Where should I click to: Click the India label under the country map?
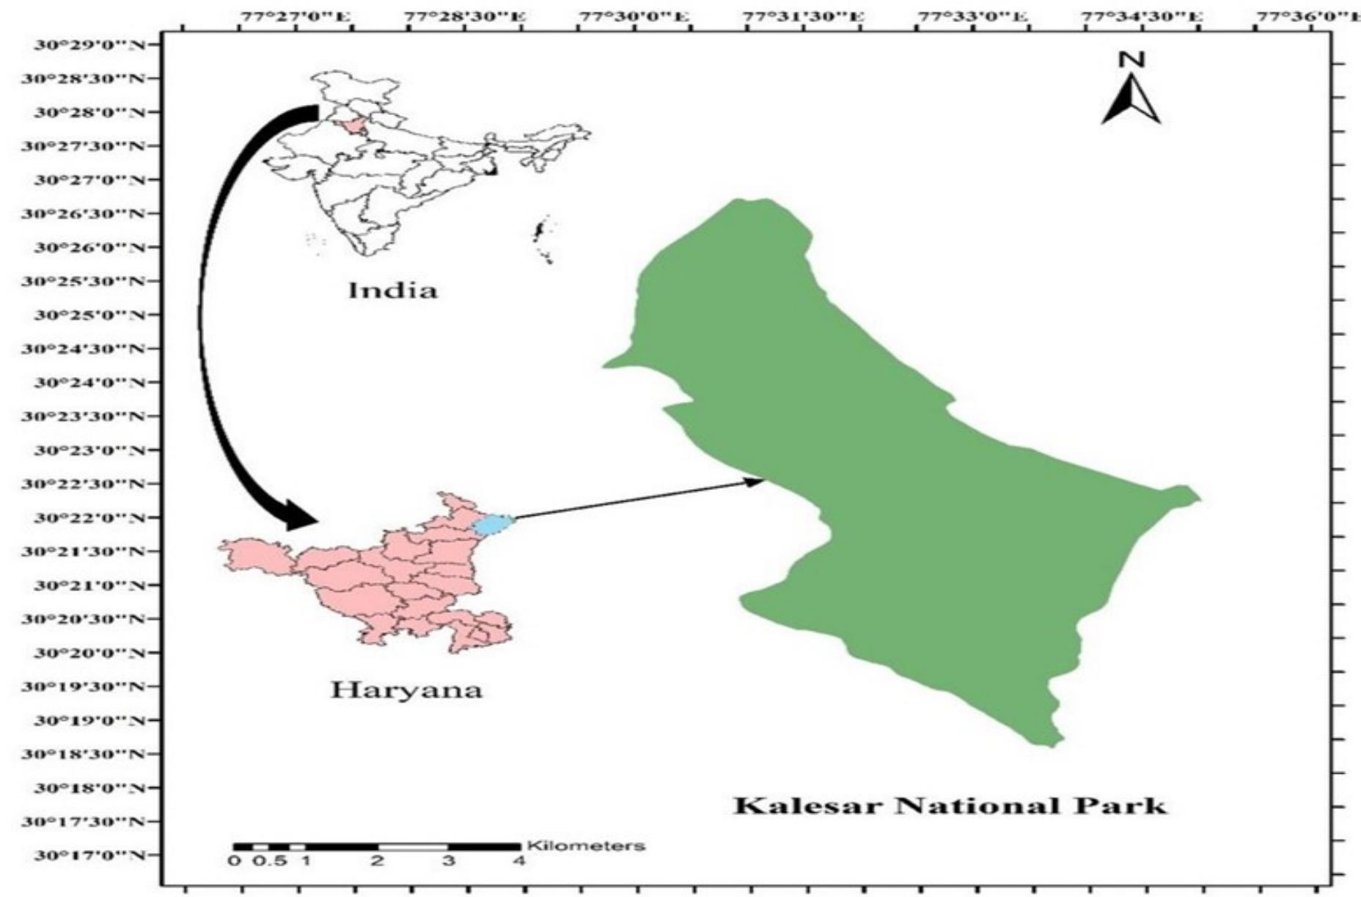392,290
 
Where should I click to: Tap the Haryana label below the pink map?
406,690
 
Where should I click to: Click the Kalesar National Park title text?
949,806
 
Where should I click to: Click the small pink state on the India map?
355,125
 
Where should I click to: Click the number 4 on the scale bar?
519,860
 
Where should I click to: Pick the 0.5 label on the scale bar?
269,860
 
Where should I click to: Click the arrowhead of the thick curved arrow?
301,516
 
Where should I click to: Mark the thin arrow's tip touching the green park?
763,480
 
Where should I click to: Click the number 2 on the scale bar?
378,860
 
